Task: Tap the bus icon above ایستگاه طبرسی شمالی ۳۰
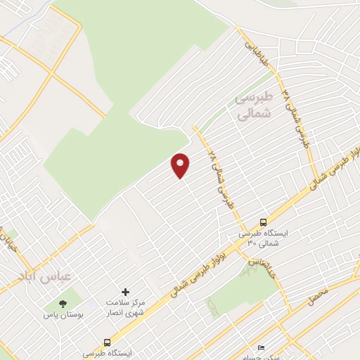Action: click(263, 221)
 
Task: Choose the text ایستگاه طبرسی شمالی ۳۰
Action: click(260, 237)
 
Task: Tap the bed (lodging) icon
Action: click(262, 347)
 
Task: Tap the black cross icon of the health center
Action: click(126, 291)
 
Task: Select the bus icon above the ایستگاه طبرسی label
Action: click(107, 342)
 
